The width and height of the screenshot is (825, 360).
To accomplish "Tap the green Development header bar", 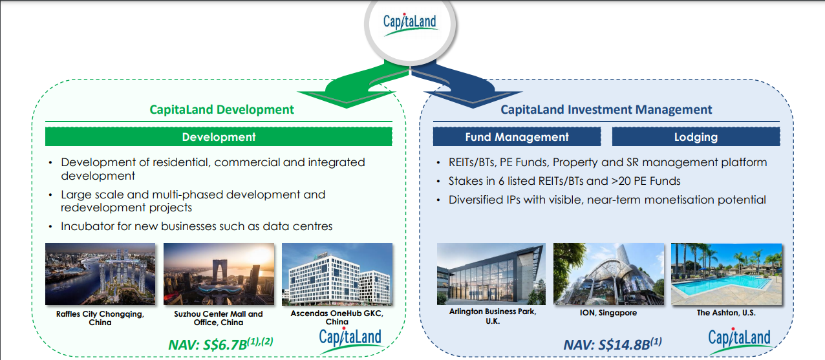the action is coord(219,136).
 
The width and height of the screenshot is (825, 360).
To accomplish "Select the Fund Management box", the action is coord(517,136).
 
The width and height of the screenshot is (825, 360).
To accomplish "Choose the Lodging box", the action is coord(696,136).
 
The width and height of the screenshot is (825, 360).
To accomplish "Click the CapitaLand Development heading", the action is coord(222,109).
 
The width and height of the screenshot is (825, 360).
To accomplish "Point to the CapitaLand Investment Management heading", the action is coord(606,109).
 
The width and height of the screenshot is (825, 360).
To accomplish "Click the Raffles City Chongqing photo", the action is coord(100,274).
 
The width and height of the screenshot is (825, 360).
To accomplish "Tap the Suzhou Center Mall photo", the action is coord(219,274).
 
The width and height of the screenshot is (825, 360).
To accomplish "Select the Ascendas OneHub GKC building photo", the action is coord(337,274).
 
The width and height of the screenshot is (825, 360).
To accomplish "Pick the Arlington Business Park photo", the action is coord(491,274).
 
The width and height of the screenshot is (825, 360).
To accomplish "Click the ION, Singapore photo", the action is coord(608,274).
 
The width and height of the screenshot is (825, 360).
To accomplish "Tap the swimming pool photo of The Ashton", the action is coord(726,274).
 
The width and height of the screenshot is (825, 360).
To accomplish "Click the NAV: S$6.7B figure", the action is coord(220,344).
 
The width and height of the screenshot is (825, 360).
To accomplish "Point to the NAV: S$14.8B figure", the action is coord(612,344).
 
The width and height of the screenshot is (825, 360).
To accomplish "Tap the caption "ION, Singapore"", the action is coord(608,313).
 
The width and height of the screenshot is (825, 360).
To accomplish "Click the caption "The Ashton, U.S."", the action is coord(726,313).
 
